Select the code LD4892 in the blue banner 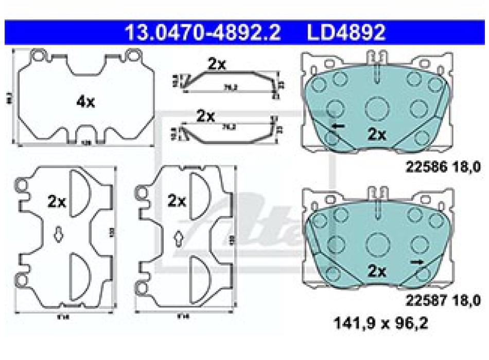pyautogui.click(x=346, y=33)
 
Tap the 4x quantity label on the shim pyautogui.click(x=85, y=102)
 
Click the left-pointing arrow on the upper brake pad pyautogui.click(x=338, y=126)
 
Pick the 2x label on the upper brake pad pyautogui.click(x=377, y=135)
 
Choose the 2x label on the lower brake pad pyautogui.click(x=377, y=271)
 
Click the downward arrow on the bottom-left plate pyautogui.click(x=59, y=235)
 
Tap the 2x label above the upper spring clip pyautogui.click(x=217, y=64)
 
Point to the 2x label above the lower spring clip pyautogui.click(x=205, y=116)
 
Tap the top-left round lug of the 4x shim pyautogui.click(x=37, y=55)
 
